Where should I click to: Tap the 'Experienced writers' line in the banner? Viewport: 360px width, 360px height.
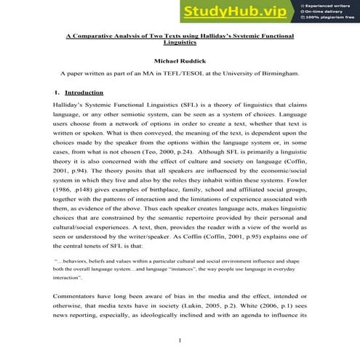point(327,4)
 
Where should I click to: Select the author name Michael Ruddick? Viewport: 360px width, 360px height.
point(180,61)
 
